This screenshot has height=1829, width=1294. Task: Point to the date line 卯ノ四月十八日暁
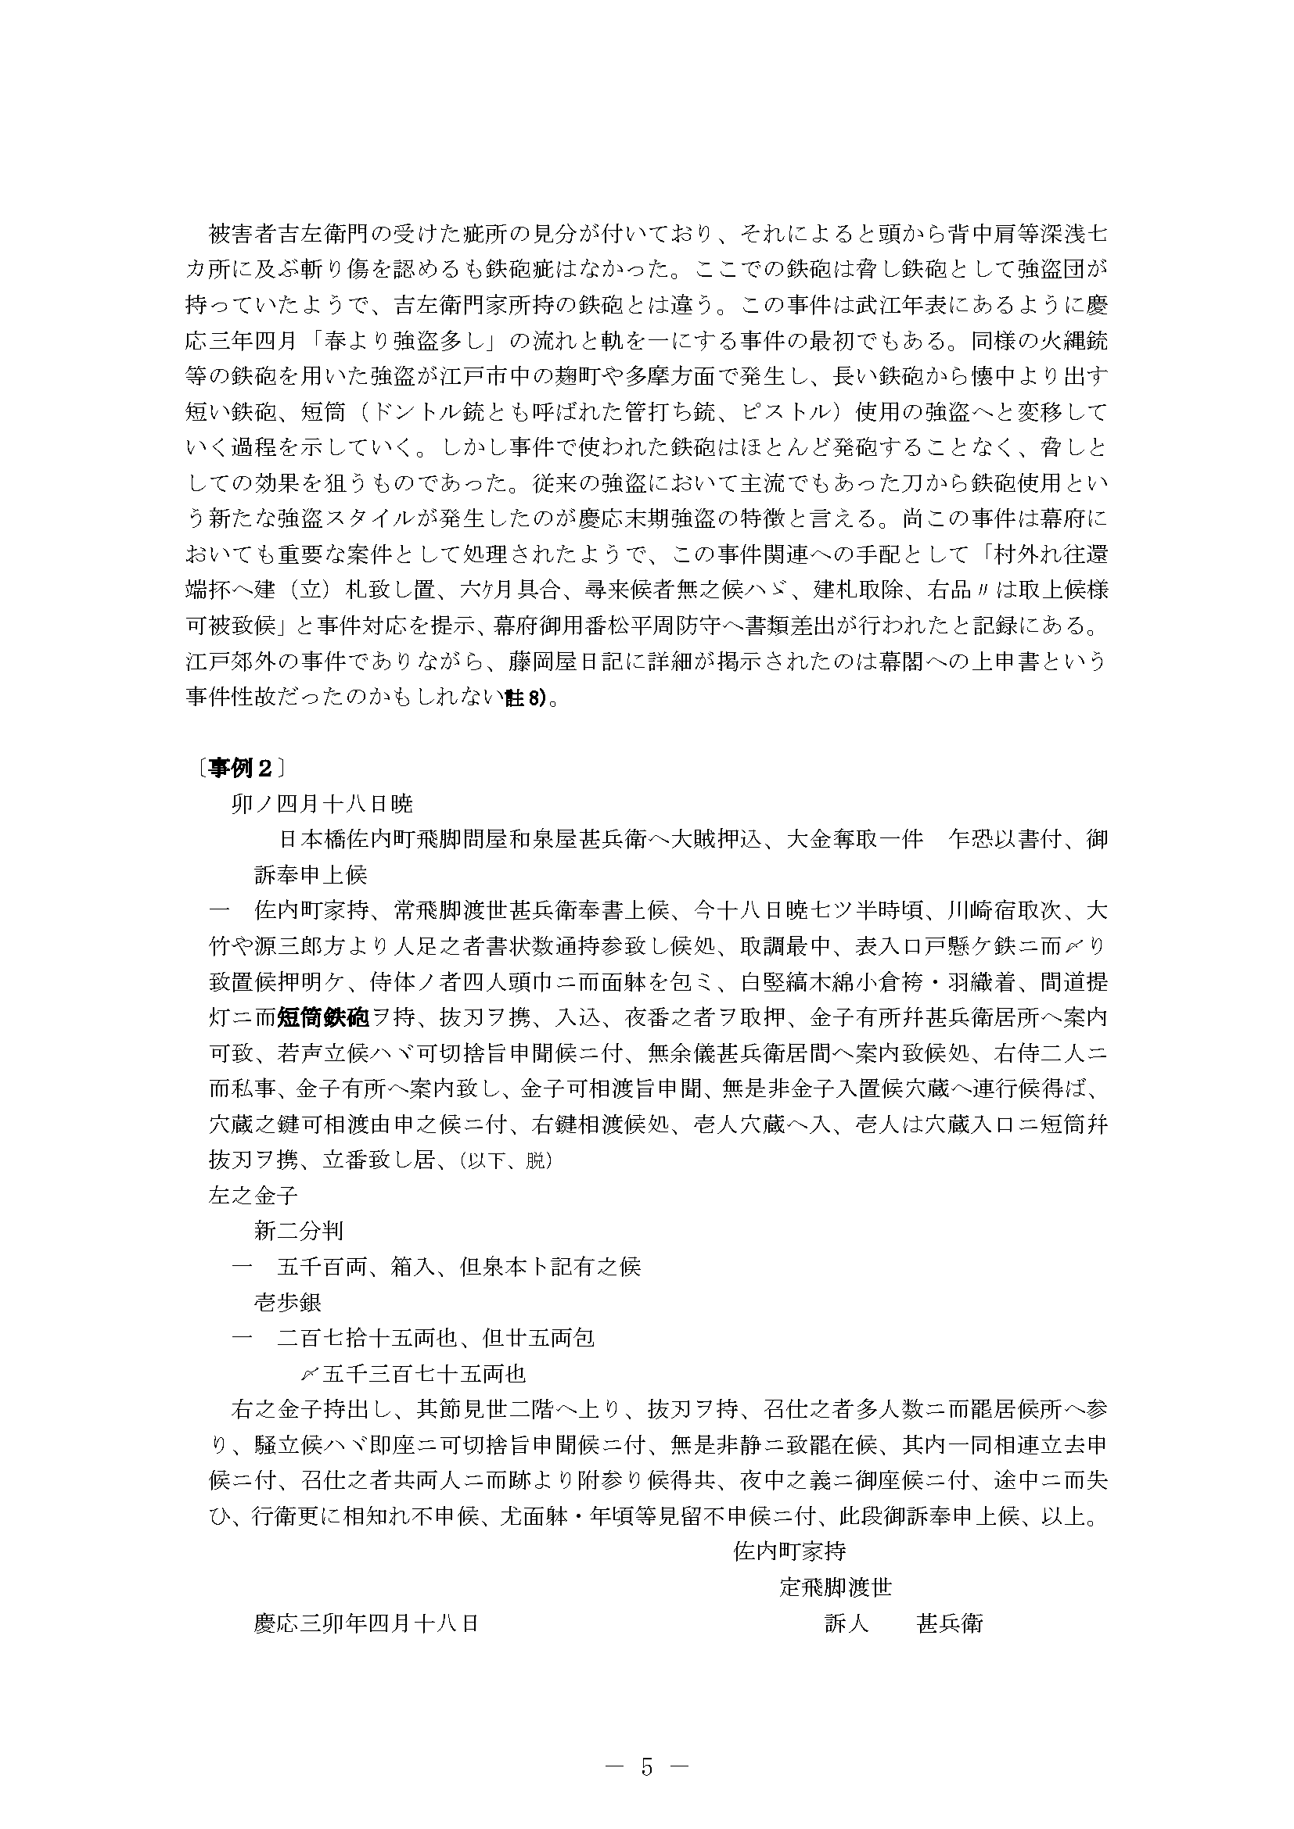point(322,804)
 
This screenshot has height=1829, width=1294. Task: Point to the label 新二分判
point(299,1231)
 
